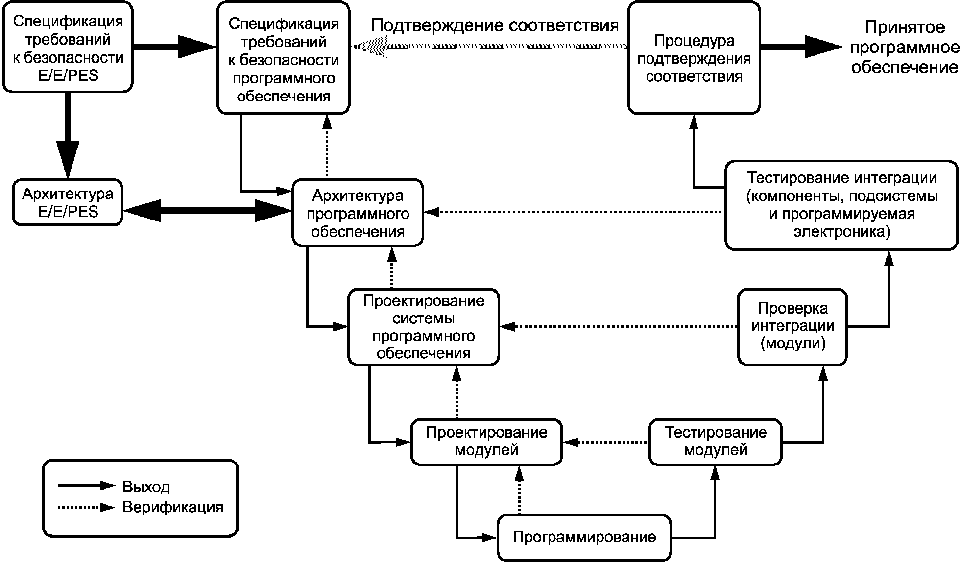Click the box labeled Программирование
584,537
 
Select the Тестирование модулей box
715,441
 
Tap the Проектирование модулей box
486,441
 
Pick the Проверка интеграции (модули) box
792,326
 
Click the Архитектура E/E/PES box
68,202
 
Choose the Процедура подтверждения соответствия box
694,58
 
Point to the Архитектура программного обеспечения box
358,213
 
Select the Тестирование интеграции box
841,205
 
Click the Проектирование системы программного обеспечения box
424,327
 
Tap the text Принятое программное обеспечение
904,47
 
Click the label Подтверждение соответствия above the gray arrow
495,25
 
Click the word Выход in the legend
146,487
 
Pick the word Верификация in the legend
173,507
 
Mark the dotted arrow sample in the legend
86,507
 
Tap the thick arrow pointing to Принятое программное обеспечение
801,47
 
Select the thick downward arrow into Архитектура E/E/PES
68,135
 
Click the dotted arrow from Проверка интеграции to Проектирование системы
619,326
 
